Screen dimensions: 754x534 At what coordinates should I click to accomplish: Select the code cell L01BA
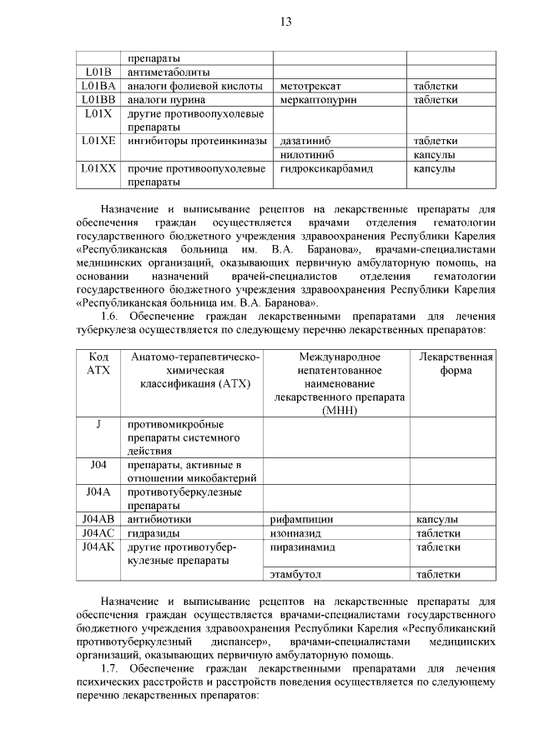point(98,86)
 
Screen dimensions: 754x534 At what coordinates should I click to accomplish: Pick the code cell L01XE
point(98,141)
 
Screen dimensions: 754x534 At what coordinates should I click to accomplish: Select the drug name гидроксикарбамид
point(326,168)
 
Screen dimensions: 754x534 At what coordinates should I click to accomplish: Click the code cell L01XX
point(98,168)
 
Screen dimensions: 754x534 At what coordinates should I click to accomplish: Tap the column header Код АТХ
point(98,363)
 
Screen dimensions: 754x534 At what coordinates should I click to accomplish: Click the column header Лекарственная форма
point(455,363)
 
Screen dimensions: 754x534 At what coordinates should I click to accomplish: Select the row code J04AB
point(98,519)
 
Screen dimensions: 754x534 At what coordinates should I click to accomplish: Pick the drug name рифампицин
point(301,519)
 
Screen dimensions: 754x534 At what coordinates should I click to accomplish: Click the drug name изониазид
point(296,533)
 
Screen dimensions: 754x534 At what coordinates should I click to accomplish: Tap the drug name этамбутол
point(296,574)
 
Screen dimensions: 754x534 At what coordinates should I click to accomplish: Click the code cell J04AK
point(98,547)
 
